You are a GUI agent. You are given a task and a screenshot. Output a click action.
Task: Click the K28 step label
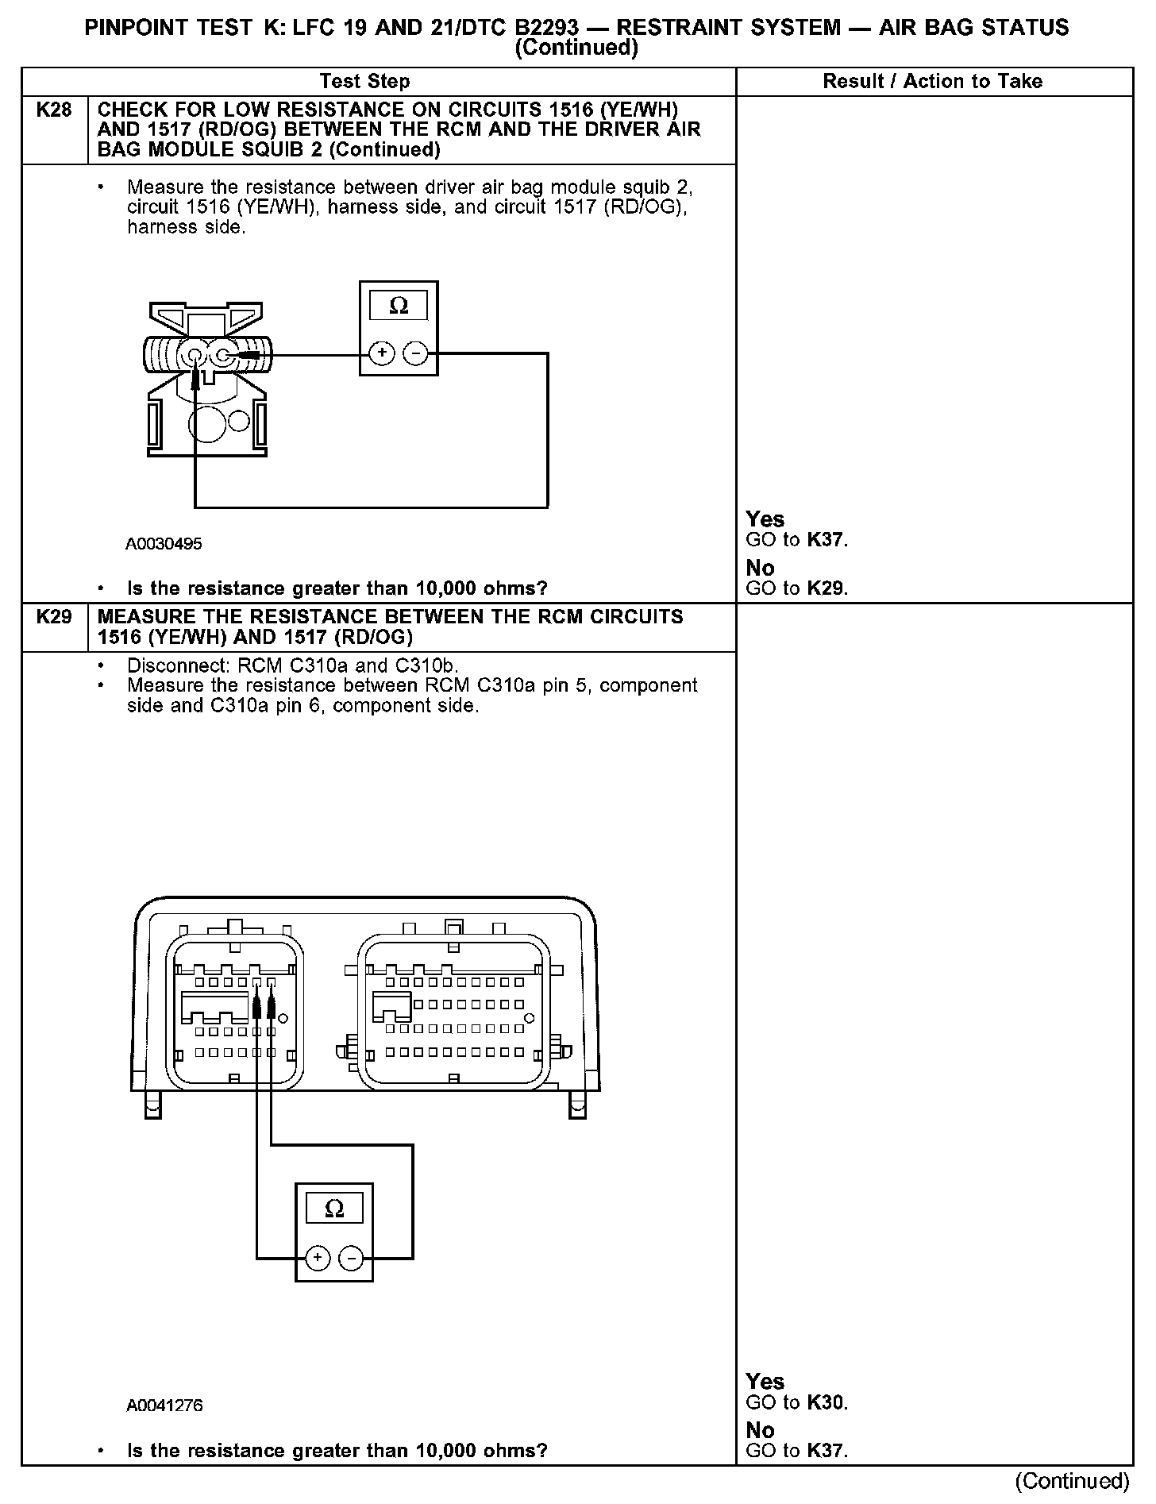point(54,110)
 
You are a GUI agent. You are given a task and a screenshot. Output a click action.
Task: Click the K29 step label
point(54,617)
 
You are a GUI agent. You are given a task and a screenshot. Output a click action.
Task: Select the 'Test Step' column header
point(364,81)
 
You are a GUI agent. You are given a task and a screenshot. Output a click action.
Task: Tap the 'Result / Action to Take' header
point(932,81)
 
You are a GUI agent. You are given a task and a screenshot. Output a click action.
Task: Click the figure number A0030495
point(164,544)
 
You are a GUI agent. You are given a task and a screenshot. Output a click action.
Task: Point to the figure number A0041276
point(164,1406)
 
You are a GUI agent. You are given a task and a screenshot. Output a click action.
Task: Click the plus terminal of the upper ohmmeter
point(382,353)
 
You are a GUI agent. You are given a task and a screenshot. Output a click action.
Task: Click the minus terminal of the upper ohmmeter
point(415,353)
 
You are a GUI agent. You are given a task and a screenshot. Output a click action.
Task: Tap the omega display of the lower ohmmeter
point(334,1209)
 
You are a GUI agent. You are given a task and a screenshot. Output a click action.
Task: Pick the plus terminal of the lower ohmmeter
point(318,1258)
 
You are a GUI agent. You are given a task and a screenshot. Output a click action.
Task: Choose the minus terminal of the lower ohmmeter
point(351,1258)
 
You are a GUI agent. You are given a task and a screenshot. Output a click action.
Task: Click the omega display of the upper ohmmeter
point(399,306)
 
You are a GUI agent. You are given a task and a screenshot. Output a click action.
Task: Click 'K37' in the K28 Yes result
point(826,541)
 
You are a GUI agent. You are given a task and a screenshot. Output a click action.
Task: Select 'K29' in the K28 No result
point(826,589)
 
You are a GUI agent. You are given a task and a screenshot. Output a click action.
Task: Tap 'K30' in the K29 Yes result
point(826,1403)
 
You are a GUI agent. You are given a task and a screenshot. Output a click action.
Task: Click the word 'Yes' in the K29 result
point(765,1382)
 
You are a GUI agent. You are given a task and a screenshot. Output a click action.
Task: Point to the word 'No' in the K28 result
point(760,568)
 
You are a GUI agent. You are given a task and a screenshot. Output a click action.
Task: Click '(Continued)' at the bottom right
point(1072,1481)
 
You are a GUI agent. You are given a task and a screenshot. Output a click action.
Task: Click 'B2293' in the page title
point(546,28)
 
